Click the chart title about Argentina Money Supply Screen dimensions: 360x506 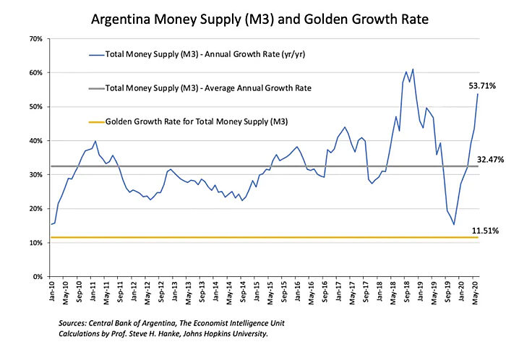tap(252, 16)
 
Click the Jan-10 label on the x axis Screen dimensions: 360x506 tap(52, 293)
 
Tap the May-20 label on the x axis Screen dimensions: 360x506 tap(474, 293)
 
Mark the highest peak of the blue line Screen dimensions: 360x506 tap(413, 69)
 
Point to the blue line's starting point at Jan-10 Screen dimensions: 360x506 tap(51, 224)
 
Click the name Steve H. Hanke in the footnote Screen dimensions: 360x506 tap(173, 334)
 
